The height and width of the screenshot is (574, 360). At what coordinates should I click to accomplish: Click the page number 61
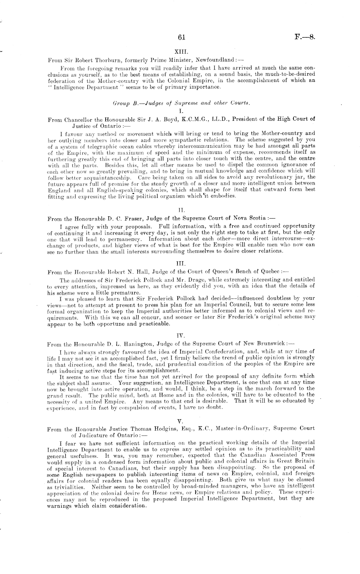coord(181,38)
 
